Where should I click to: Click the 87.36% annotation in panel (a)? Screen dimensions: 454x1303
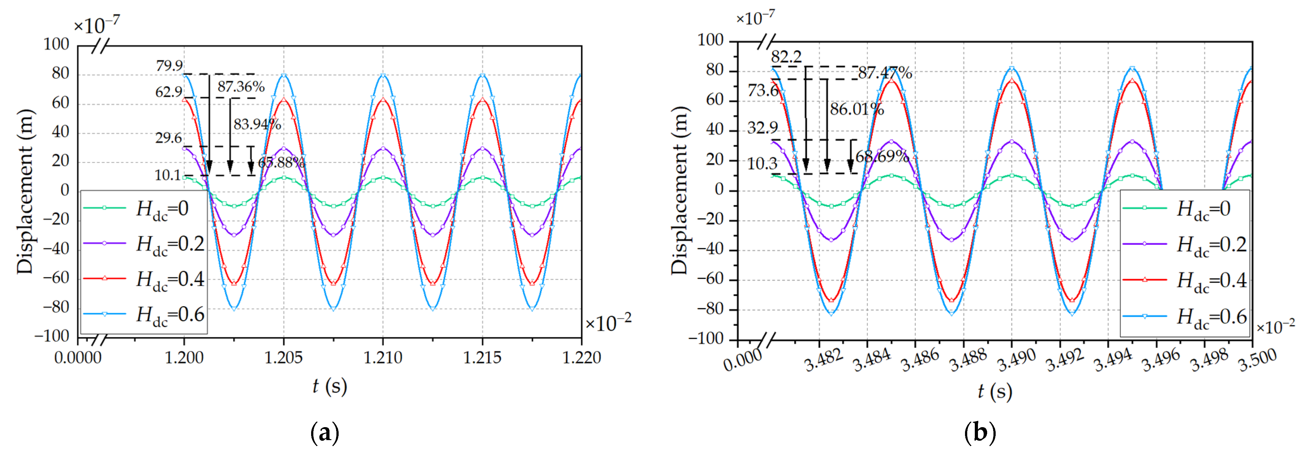(x=241, y=87)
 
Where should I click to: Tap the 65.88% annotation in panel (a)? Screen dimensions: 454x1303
(x=281, y=162)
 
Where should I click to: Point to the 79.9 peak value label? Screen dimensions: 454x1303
(x=169, y=66)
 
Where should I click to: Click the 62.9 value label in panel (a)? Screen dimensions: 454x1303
(x=169, y=92)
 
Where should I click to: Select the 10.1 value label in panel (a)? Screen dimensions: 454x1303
(x=168, y=175)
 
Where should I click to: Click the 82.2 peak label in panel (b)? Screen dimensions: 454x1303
(x=786, y=57)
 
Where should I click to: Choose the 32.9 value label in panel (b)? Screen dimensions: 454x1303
(x=763, y=127)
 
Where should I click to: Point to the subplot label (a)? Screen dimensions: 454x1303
(x=324, y=433)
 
